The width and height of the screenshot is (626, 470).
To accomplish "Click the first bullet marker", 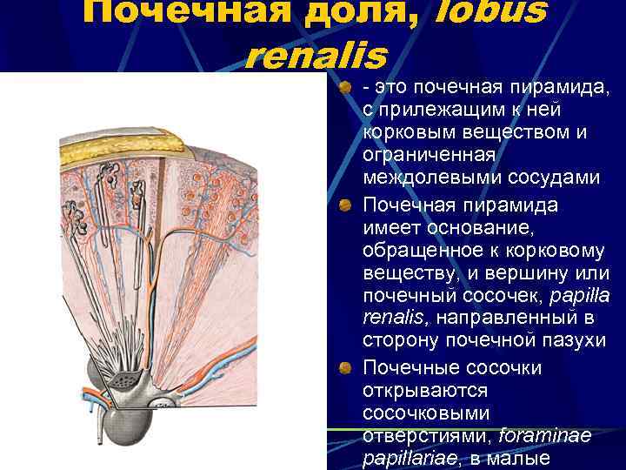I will click(345, 88).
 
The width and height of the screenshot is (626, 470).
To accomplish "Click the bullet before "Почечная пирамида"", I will click(345, 205).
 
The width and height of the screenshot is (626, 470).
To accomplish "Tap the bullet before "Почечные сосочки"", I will click(345, 368).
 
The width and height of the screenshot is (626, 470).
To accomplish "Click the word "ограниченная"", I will click(429, 155).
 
